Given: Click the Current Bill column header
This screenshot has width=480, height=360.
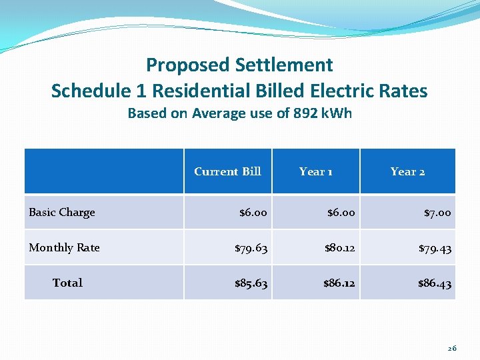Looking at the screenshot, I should tap(227, 171).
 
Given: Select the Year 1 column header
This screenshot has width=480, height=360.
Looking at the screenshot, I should tap(316, 171).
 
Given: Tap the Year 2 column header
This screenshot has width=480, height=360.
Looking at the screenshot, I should tap(407, 171).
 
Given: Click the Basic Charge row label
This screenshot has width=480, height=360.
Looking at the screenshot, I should tap(62, 212).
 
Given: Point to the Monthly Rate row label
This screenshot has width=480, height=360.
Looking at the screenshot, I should tap(64, 247).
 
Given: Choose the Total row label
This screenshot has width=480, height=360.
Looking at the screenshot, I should tap(67, 283).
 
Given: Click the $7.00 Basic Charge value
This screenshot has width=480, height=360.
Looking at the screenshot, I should tap(437, 213).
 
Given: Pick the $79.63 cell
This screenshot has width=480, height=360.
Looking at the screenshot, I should tap(251, 248).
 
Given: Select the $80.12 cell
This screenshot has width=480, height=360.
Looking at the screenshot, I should tap(339, 248).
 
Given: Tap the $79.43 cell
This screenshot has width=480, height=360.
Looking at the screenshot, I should tap(435, 248).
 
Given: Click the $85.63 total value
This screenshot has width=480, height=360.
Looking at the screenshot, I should tap(251, 283).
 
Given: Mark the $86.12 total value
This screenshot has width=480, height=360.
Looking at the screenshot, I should tap(339, 283).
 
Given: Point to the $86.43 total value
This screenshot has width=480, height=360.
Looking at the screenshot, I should tap(435, 283).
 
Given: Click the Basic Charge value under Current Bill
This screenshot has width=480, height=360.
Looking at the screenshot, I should tap(253, 213).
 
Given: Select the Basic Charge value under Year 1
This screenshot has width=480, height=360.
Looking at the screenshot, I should tap(341, 213).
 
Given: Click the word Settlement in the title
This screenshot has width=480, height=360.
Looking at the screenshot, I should tap(284, 65).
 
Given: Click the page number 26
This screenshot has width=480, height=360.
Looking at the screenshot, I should tap(452, 347).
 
